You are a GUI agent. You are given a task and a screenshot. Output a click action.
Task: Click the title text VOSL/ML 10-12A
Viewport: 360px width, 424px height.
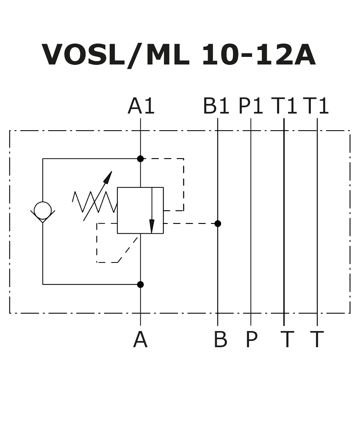pyautogui.click(x=178, y=55)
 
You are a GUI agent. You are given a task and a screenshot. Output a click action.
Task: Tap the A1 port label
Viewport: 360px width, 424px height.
pyautogui.click(x=141, y=106)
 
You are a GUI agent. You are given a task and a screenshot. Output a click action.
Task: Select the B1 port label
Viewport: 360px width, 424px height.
pyautogui.click(x=216, y=106)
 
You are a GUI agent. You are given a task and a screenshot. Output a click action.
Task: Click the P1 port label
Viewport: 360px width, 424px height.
pyautogui.click(x=251, y=106)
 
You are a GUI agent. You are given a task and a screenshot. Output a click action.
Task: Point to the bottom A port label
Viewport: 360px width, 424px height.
pyautogui.click(x=141, y=339)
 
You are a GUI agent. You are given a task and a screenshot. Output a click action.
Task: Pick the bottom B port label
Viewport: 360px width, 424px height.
pyautogui.click(x=220, y=339)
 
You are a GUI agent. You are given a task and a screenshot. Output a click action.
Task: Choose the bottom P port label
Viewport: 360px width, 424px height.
pyautogui.click(x=252, y=339)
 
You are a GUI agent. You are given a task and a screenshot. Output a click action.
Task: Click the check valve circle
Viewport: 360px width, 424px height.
pyautogui.click(x=43, y=210)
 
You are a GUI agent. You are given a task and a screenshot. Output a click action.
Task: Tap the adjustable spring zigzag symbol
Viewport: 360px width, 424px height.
pyautogui.click(x=95, y=202)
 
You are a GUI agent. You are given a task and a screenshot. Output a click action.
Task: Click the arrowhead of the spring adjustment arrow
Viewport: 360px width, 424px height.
pyautogui.click(x=108, y=177)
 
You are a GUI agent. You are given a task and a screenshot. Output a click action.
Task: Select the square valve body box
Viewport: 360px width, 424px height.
pyautogui.click(x=141, y=210)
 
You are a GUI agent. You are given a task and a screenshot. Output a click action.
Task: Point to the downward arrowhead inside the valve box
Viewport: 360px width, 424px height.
pyautogui.click(x=152, y=226)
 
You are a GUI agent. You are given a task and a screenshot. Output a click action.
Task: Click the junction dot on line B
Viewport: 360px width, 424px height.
pyautogui.click(x=218, y=223)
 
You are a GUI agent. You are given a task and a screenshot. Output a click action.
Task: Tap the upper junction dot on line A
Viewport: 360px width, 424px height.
pyautogui.click(x=141, y=159)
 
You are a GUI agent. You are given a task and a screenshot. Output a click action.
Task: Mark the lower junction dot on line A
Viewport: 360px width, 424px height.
pyautogui.click(x=141, y=285)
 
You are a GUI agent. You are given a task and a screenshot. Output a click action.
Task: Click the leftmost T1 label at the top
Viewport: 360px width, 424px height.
pyautogui.click(x=284, y=106)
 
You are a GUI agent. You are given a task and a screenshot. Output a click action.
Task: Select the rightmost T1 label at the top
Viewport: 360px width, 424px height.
pyautogui.click(x=316, y=106)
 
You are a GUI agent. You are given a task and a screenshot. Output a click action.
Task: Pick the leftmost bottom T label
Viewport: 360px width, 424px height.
pyautogui.click(x=287, y=339)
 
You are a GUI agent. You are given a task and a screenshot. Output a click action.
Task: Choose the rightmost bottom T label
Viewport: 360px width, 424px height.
pyautogui.click(x=317, y=339)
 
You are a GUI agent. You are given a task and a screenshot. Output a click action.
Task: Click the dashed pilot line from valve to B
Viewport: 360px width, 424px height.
pyautogui.click(x=189, y=223)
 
